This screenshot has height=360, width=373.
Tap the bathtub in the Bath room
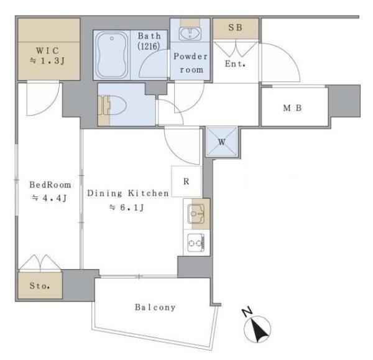coord(113,55)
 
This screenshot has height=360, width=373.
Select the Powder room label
coord(191,63)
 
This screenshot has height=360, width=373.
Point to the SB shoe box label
coord(235,28)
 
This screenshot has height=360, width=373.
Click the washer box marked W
coord(221,141)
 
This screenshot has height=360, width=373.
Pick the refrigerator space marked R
coord(186,182)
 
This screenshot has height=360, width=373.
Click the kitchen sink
coord(196,215)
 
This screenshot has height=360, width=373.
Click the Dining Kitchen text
coord(127,193)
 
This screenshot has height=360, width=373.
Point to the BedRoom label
coord(50,185)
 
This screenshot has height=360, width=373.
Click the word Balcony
coord(155,307)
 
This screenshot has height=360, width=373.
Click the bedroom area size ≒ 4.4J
coord(50,198)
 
